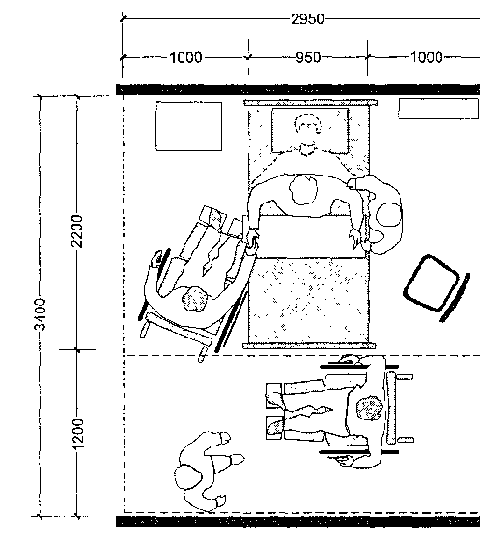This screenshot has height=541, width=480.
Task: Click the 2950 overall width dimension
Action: [307, 19]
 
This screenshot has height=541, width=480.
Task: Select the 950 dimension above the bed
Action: [308, 57]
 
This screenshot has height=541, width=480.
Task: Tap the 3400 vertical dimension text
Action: [41, 314]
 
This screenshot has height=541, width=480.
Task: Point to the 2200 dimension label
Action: [76, 231]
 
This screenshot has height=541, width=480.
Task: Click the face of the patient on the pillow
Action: [307, 124]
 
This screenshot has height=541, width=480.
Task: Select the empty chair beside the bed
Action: [437, 287]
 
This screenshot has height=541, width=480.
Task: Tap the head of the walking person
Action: [188, 476]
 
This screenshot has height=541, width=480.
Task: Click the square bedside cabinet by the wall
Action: [188, 126]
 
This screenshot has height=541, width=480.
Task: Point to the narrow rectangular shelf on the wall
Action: [438, 109]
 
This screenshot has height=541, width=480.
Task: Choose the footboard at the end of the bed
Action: [309, 345]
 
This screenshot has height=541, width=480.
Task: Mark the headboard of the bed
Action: [310, 103]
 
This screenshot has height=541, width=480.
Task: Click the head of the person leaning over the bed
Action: [303, 189]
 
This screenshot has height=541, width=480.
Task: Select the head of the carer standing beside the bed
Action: [389, 215]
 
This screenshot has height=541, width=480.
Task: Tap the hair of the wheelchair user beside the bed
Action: [195, 299]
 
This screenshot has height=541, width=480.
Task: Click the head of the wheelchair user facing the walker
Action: [370, 408]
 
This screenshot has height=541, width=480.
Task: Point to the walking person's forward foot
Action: [237, 459]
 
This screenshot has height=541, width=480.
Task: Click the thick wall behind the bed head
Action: [297, 90]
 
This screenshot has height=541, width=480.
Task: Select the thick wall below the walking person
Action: [297, 522]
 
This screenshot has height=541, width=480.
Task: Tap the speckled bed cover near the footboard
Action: [309, 300]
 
